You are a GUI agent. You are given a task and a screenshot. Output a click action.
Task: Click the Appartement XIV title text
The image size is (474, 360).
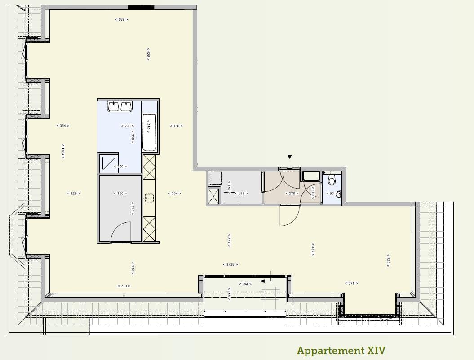click(x=341, y=351)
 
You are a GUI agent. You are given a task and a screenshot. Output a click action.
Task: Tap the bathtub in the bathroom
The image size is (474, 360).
click(x=150, y=132)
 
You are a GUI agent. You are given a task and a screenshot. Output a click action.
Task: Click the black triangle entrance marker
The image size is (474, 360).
click(x=290, y=157)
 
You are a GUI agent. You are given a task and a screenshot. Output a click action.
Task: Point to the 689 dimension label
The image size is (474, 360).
click(x=121, y=19)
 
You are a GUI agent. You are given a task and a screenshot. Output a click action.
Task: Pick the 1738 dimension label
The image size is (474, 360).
click(x=230, y=265)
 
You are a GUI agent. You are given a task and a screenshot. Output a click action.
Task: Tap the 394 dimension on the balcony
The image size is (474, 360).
click(x=245, y=284)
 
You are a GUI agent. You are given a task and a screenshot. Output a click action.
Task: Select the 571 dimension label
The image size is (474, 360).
click(x=352, y=283)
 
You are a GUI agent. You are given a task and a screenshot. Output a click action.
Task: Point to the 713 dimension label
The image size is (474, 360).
click(x=124, y=286)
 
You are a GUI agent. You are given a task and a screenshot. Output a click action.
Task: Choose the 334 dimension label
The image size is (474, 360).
click(x=63, y=126)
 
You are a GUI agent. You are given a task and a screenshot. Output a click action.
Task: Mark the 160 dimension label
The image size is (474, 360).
click(x=176, y=126)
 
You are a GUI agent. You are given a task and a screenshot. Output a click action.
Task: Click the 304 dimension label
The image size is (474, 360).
click(x=175, y=193)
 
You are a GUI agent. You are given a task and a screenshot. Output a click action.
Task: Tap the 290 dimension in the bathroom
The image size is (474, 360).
click(x=126, y=126)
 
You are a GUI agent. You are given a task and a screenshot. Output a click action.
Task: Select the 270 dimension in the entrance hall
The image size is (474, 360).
click(x=292, y=193)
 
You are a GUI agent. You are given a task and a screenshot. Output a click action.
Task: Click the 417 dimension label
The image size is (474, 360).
click(x=313, y=249)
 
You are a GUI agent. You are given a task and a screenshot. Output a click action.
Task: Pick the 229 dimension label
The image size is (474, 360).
click(x=74, y=193)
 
